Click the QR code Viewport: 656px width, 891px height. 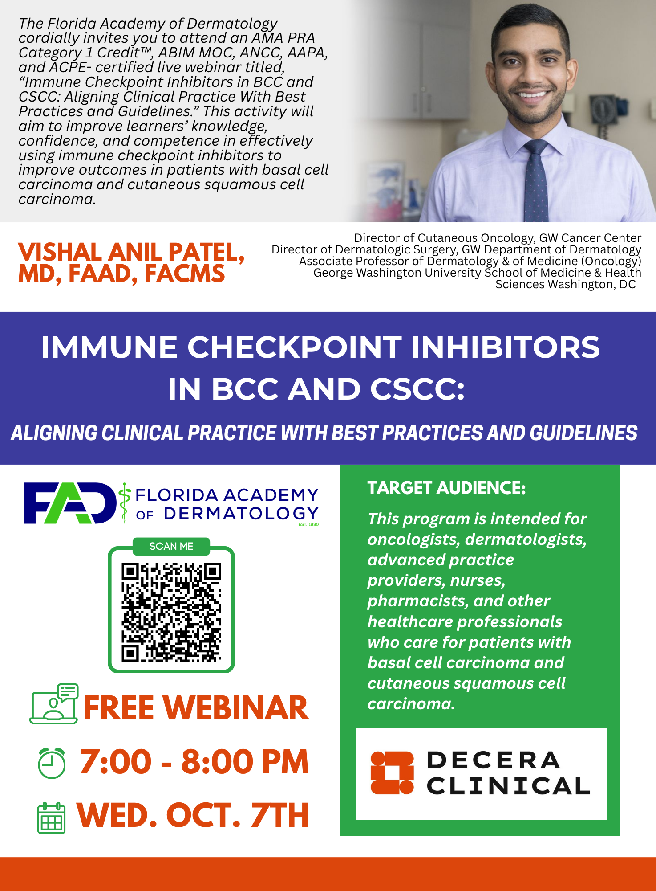(x=171, y=612)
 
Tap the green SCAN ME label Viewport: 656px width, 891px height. (x=171, y=546)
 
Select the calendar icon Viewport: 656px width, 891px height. (x=52, y=817)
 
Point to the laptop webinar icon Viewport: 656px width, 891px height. (x=54, y=704)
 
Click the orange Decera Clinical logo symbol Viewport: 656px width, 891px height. (x=392, y=773)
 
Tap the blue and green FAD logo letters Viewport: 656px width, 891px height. (x=70, y=503)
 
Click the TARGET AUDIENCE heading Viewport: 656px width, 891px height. (x=446, y=488)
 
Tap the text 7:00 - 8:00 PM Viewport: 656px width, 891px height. (x=194, y=762)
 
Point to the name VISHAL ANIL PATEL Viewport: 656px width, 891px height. (x=131, y=252)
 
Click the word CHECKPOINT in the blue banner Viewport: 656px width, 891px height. (x=294, y=347)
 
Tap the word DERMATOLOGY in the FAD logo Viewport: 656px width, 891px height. (x=241, y=514)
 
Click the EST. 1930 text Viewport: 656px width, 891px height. (x=308, y=524)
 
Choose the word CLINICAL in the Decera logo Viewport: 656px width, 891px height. (x=508, y=786)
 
